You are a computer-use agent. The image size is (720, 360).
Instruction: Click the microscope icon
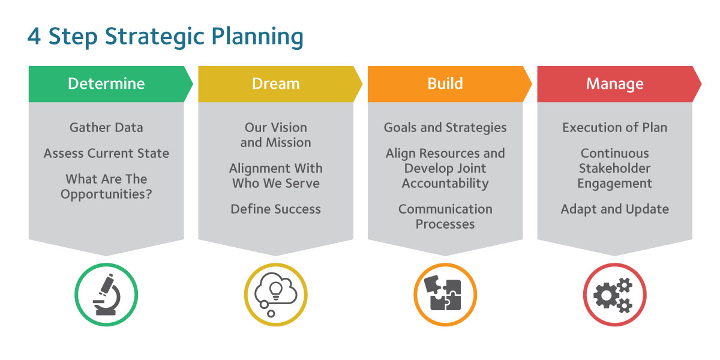(x=107, y=294)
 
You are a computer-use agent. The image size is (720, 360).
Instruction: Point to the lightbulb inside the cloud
(x=276, y=290)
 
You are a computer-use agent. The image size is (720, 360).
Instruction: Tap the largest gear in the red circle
(x=605, y=295)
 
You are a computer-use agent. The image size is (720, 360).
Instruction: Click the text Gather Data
(x=106, y=128)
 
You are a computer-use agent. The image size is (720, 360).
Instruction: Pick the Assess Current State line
(x=106, y=154)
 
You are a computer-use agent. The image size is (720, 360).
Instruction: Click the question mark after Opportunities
(x=148, y=193)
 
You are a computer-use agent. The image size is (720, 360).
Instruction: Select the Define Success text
(x=276, y=209)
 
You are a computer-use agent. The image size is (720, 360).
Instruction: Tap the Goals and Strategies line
(x=445, y=128)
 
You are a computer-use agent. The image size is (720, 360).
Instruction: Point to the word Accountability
(x=445, y=184)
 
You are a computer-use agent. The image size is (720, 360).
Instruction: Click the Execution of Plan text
(x=614, y=128)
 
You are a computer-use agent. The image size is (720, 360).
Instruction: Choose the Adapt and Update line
(x=614, y=209)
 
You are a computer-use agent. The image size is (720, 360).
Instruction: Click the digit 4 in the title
(x=34, y=37)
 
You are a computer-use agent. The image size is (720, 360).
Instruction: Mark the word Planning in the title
(x=257, y=37)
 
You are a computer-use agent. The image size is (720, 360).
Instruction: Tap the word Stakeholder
(x=614, y=168)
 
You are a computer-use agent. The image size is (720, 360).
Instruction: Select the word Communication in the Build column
(x=445, y=209)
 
